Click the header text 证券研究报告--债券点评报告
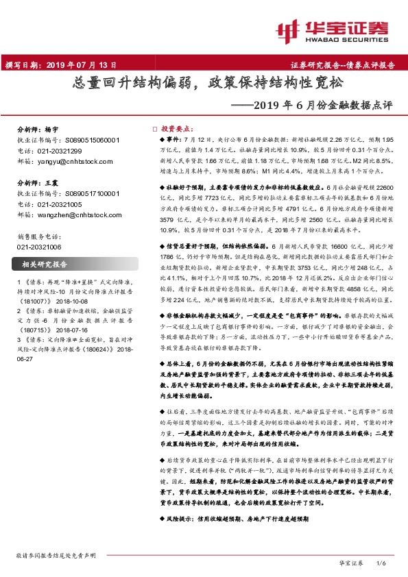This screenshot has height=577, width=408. pos(342,66)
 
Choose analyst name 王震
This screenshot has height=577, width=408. pos(51,184)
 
